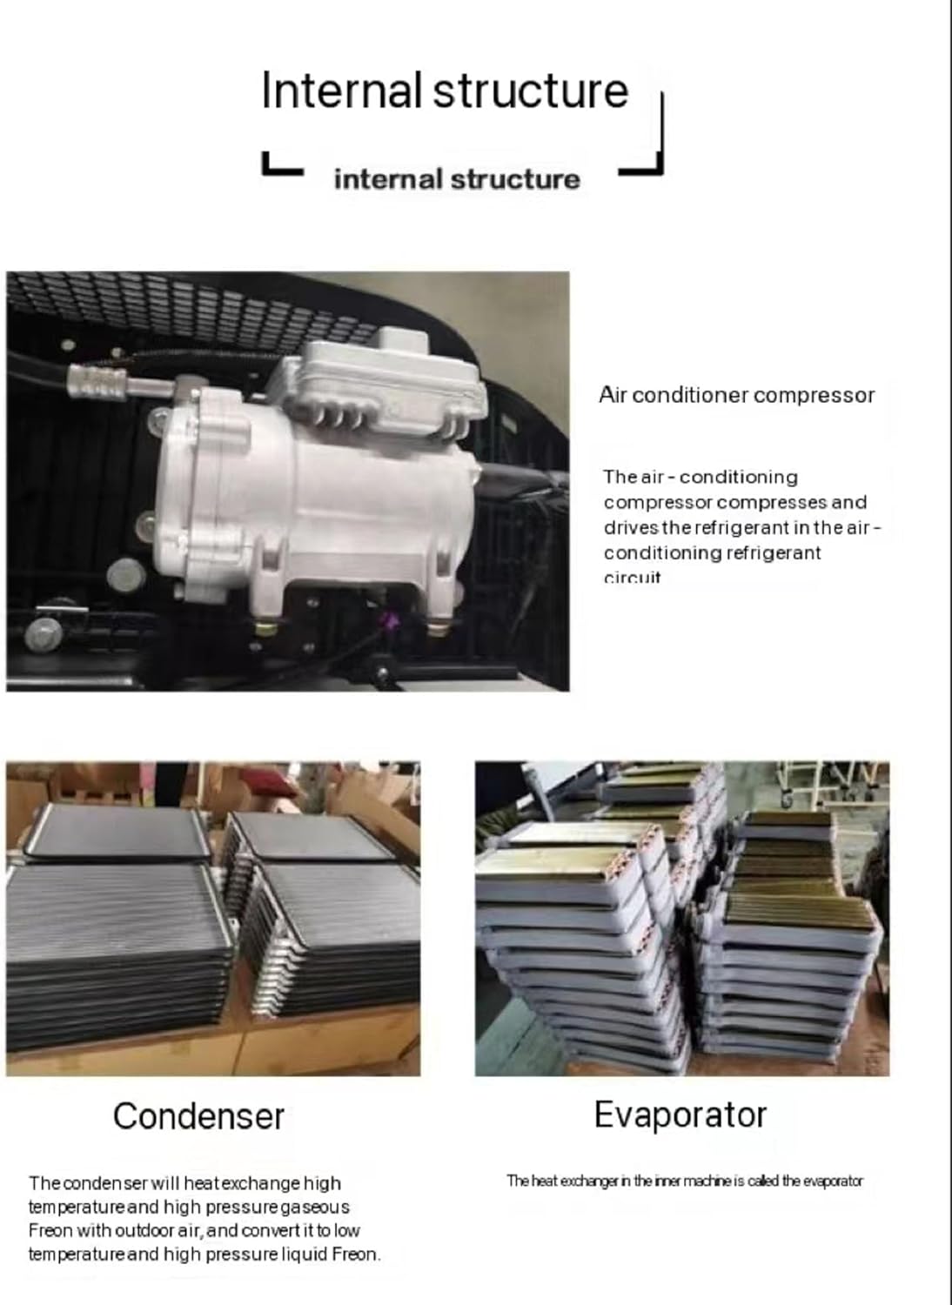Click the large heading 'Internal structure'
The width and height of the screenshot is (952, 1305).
[444, 90]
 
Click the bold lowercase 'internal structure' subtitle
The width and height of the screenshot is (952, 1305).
[456, 179]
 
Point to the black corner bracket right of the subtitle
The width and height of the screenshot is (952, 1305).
[648, 148]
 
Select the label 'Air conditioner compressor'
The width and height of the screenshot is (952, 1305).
[736, 395]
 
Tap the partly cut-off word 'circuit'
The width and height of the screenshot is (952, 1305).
[633, 578]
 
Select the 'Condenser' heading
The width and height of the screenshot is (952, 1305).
[198, 1116]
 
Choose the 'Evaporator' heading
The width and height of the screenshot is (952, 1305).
[680, 1114]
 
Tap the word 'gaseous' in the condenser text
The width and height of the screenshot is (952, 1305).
[314, 1207]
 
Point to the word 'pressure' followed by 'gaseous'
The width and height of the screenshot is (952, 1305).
[242, 1207]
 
